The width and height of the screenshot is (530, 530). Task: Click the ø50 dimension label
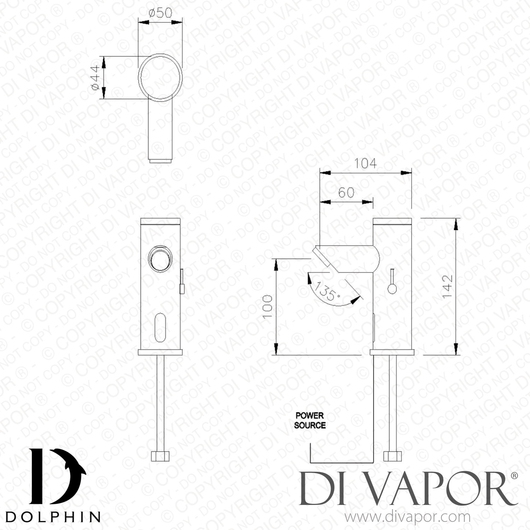point(160,13)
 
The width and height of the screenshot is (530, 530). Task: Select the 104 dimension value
point(365,164)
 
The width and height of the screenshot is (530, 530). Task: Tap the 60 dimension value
point(346,193)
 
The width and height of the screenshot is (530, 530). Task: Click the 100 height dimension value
point(267,306)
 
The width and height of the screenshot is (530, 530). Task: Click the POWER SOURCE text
point(310,420)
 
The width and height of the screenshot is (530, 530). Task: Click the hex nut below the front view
point(160,456)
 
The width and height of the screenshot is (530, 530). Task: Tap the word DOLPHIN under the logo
point(53,517)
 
